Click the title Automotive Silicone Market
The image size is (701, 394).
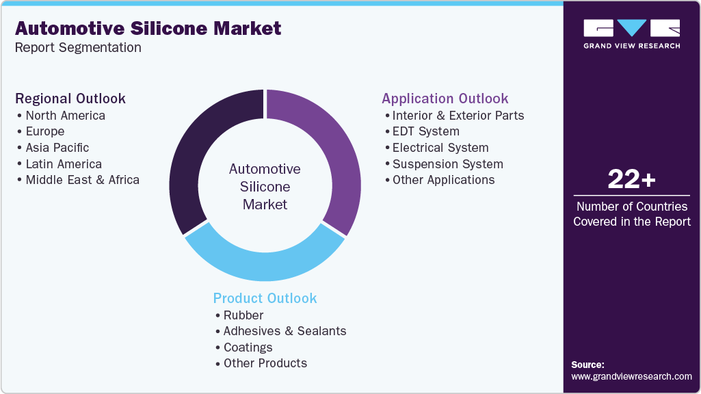[x=148, y=28]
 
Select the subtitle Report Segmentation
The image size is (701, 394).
[x=78, y=48]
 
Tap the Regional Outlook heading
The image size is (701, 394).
[x=70, y=98]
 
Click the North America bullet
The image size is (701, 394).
[x=65, y=115]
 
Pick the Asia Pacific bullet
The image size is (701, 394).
[x=57, y=148]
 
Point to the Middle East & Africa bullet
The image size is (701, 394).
[x=82, y=180]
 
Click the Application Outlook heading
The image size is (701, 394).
[x=445, y=98]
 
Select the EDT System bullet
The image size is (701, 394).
[x=425, y=131]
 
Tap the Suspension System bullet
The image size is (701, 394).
[x=447, y=164]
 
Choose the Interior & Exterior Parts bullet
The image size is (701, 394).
[x=458, y=115]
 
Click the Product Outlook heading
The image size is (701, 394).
[x=265, y=298]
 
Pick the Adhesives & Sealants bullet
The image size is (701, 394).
[x=285, y=331]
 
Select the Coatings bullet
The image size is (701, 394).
[x=248, y=347]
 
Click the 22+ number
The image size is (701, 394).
[x=631, y=180]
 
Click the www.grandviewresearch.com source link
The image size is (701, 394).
[x=631, y=376]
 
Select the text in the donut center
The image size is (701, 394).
[x=265, y=186]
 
